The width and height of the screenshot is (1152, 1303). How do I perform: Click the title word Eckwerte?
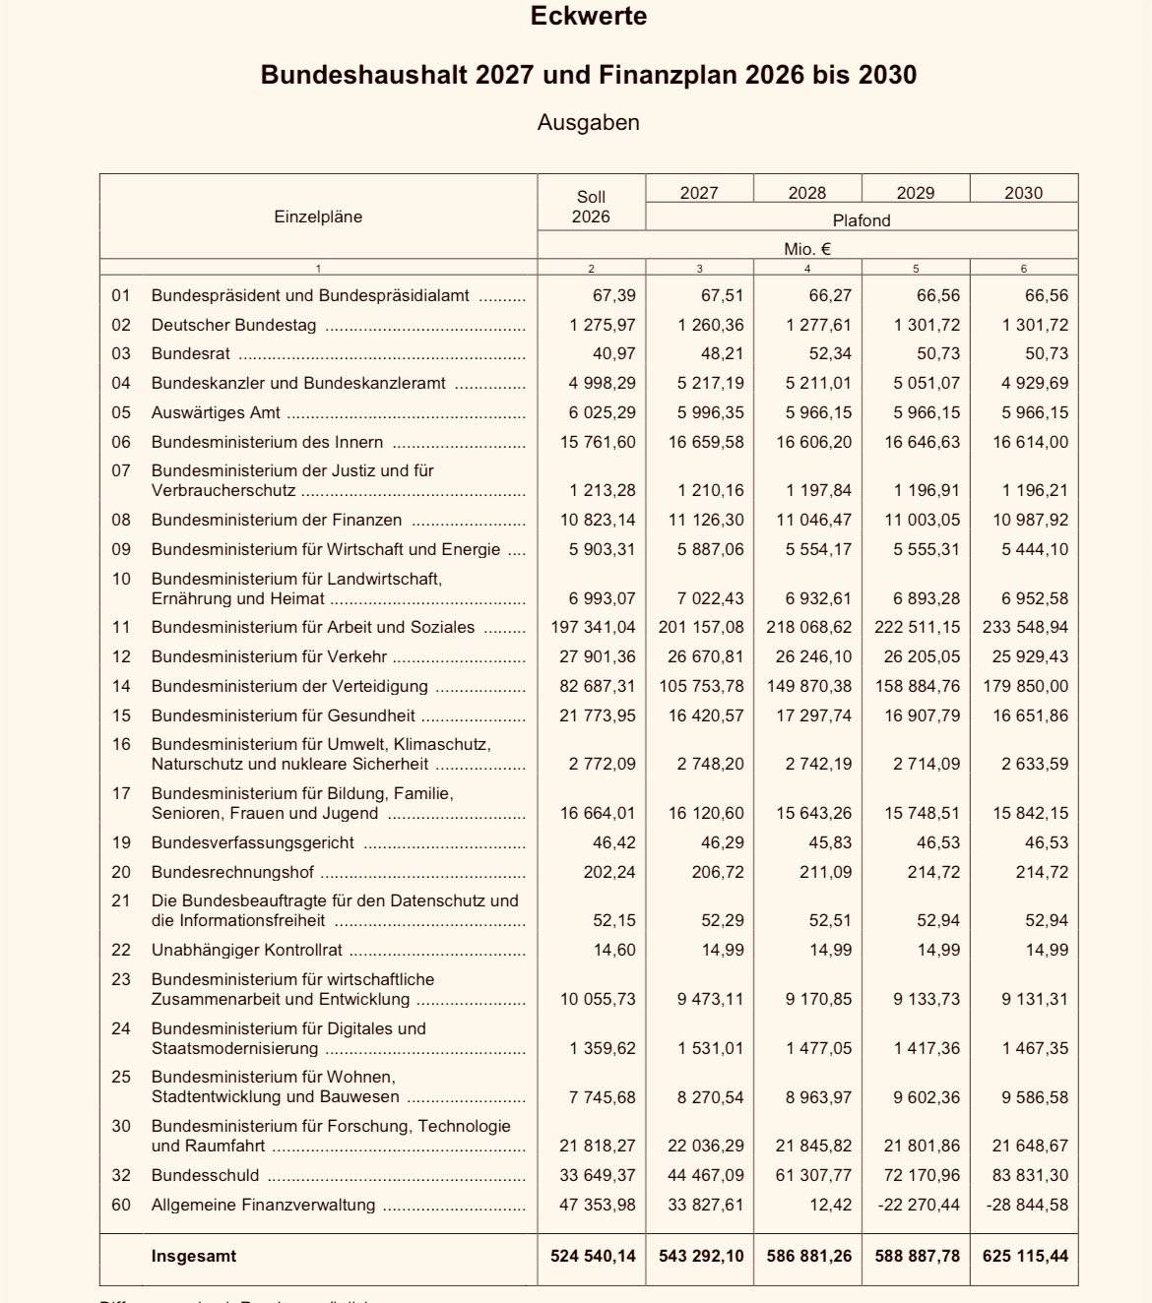(x=588, y=17)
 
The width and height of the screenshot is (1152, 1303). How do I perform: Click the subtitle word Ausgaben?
(x=588, y=123)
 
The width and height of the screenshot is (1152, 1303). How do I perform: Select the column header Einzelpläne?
(x=318, y=217)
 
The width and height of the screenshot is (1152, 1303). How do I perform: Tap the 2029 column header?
(x=915, y=193)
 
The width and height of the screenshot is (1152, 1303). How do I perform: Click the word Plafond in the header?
(x=861, y=220)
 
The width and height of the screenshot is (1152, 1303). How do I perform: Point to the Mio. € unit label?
(x=806, y=249)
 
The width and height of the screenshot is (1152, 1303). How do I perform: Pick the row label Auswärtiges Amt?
(x=216, y=412)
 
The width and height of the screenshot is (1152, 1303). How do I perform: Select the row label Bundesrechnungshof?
(x=232, y=872)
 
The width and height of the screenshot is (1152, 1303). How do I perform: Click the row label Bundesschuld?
(x=205, y=1175)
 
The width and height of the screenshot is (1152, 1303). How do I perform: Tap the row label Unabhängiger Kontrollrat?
(x=246, y=950)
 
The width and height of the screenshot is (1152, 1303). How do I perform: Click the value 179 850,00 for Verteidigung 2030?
(x=1025, y=686)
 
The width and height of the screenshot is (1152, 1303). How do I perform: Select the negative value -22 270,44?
(x=917, y=1205)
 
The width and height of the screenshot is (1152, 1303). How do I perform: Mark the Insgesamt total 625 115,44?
(x=1025, y=1256)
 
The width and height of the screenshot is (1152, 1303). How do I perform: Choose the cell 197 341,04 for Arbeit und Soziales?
(x=593, y=627)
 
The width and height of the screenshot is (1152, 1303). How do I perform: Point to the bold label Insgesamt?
(x=193, y=1256)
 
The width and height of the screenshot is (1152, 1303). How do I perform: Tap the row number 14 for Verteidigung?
(x=121, y=686)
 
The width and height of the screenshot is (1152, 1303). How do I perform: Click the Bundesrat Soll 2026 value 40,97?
(x=613, y=353)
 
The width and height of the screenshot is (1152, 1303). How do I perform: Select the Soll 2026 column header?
(x=591, y=207)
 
